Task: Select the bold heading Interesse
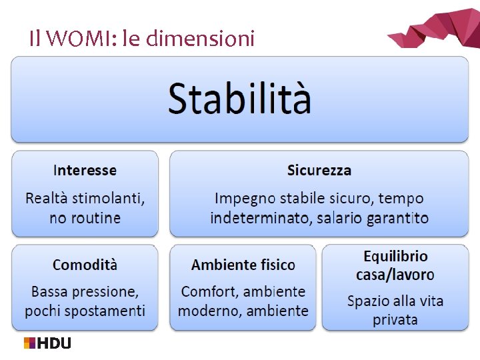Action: pos(85,170)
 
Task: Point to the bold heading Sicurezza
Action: pos(319,170)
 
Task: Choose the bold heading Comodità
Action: pos(85,265)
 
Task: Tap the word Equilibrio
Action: pos(395,256)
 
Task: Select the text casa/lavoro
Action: pos(395,274)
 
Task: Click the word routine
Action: pos(96,218)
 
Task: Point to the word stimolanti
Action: pos(109,198)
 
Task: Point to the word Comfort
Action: pos(209,291)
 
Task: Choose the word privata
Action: pos(395,320)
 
